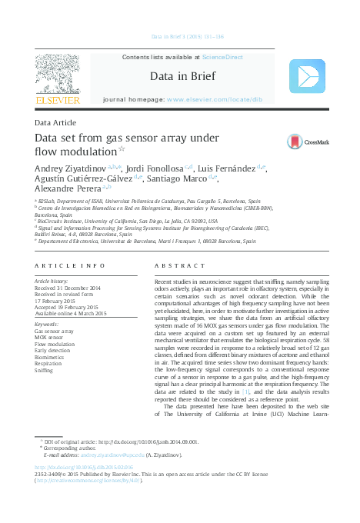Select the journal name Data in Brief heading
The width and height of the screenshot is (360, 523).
pyautogui.click(x=182, y=77)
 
